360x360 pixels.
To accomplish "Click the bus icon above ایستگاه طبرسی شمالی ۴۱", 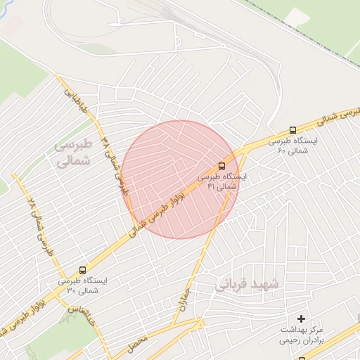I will click(222, 167).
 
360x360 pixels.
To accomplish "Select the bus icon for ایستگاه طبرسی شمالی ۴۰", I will click(292, 130).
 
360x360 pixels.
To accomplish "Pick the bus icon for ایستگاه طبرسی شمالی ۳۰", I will click(83, 270).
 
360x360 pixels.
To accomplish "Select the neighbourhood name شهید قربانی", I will click(247, 285).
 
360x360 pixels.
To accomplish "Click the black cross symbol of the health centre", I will click(302, 319).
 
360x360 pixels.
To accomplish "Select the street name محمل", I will click(139, 345).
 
